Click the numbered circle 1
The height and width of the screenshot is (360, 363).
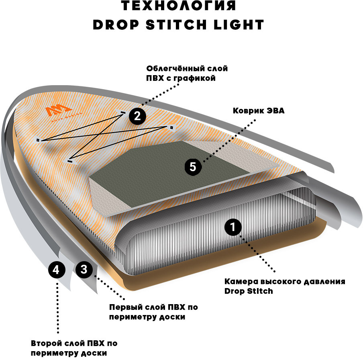click(x=233, y=227)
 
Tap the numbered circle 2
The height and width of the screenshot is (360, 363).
click(x=137, y=117)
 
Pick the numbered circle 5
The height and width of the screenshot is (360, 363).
click(x=193, y=167)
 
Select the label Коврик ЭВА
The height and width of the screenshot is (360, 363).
click(x=259, y=110)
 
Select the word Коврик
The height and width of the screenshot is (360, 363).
click(x=247, y=110)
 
